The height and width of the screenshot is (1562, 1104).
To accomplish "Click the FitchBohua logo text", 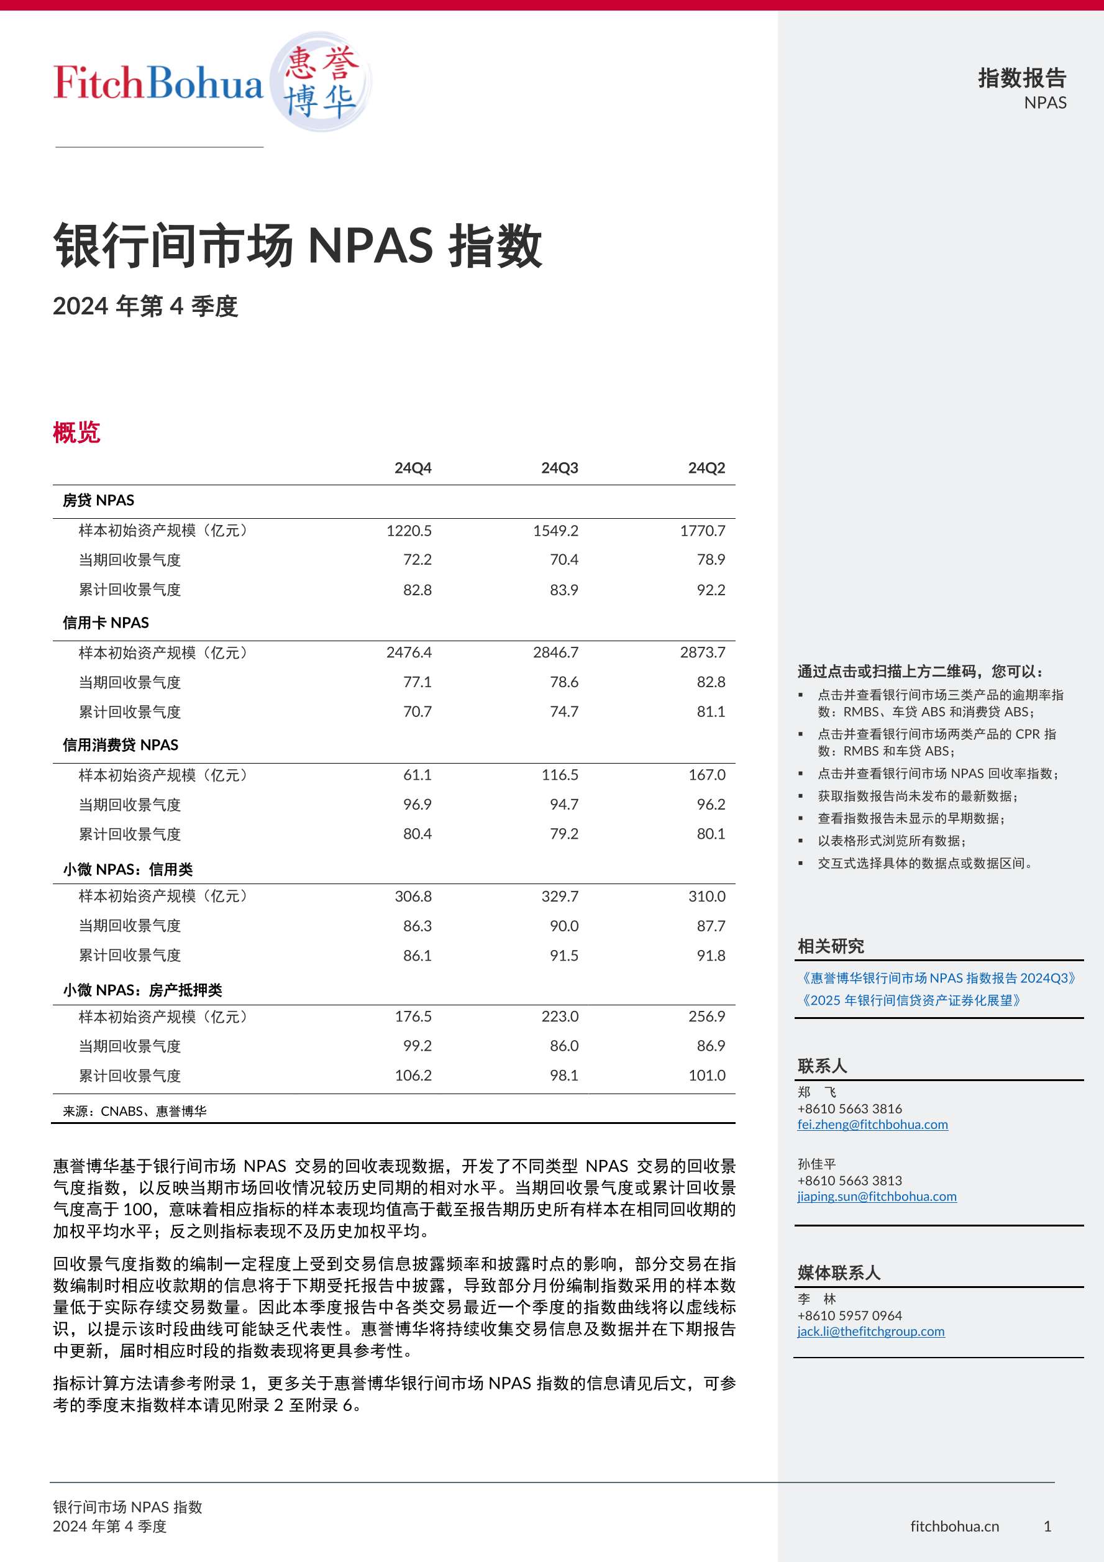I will pos(158,83).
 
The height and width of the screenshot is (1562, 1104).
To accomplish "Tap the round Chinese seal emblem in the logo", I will pos(321,81).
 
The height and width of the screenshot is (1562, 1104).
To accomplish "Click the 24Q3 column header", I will pos(559,468).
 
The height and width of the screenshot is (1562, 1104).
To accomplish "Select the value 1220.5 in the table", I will pos(409,531).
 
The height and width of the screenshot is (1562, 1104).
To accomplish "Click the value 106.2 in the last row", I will pos(413,1075).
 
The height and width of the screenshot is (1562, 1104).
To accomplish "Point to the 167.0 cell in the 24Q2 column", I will pos(707,775).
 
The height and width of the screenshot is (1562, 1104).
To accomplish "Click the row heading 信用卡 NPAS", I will pos(106,623).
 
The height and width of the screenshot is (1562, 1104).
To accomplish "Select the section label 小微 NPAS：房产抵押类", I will pos(142,990).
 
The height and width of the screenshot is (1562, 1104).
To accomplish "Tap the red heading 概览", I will pos(77,432).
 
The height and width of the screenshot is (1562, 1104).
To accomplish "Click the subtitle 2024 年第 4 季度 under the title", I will pos(145,306).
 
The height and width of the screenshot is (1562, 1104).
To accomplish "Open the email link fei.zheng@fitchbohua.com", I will pos(872,1125).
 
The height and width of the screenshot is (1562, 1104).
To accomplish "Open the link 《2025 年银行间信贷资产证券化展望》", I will pos(911,1001).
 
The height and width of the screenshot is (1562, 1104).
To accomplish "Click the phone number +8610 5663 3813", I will pos(850,1181).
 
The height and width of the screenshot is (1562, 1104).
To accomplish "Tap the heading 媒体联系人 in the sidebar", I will pos(839,1272).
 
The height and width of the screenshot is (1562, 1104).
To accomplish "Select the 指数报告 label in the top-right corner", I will pos(1022,78).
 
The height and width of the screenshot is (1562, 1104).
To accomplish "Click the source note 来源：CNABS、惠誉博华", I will pos(135,1111).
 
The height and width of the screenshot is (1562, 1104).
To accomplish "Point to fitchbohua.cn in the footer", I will pos(954,1526).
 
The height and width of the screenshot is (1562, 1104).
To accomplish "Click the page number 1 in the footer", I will pos(1047,1526).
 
